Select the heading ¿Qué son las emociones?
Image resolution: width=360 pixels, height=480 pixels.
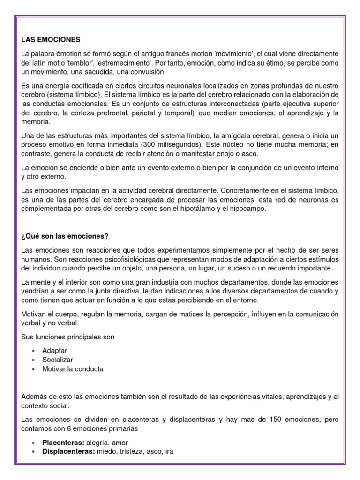[65, 235]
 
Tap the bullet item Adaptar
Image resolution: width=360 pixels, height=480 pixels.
[54, 350]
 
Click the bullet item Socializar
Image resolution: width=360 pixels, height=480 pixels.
[58, 360]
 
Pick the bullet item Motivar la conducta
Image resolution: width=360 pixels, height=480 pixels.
[73, 369]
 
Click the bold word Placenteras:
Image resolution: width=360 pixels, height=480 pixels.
[62, 442]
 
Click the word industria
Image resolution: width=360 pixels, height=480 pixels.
[155, 282]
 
